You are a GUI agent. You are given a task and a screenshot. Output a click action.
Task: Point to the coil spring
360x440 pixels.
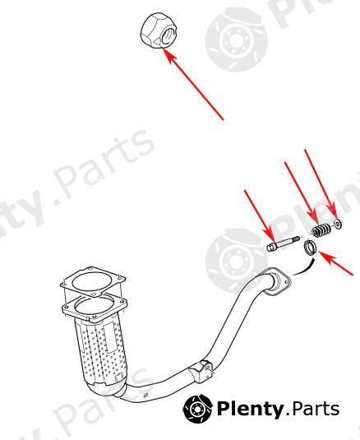coord(321,228)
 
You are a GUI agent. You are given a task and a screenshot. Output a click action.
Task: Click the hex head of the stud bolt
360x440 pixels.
coord(273,245)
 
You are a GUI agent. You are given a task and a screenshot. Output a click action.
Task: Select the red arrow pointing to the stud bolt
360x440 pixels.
coord(259,215)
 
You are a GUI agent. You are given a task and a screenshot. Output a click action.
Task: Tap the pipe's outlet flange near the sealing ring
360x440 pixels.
coord(276,281)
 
